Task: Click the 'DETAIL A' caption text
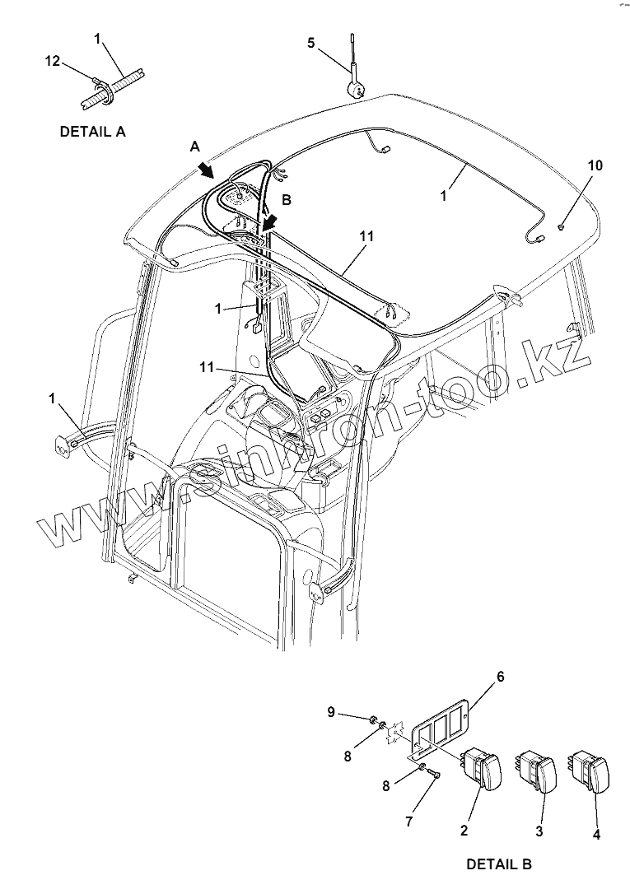click(92, 131)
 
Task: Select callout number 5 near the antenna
click(310, 43)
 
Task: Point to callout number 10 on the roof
click(595, 165)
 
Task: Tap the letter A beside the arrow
click(194, 146)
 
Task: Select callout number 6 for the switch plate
click(500, 677)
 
